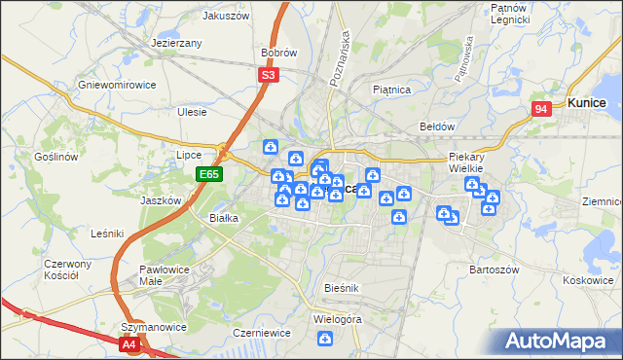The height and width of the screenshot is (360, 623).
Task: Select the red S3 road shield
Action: tap(269, 73)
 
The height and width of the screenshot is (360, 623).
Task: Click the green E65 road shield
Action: tap(208, 174)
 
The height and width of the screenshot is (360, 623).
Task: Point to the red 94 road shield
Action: tap(542, 110)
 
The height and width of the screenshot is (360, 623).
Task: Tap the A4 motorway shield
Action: tap(129, 343)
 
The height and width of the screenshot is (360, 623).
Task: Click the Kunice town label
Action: tap(587, 102)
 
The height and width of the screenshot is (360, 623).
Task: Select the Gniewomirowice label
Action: tap(118, 85)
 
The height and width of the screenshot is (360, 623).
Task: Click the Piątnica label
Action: tap(392, 90)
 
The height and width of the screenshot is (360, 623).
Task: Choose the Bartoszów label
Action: tap(495, 269)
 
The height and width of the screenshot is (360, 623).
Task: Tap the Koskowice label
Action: tap(587, 279)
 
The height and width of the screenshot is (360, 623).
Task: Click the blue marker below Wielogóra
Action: tap(325, 338)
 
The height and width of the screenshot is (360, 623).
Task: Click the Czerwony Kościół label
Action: tap(67, 270)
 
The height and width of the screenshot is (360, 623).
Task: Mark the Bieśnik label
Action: tap(342, 289)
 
